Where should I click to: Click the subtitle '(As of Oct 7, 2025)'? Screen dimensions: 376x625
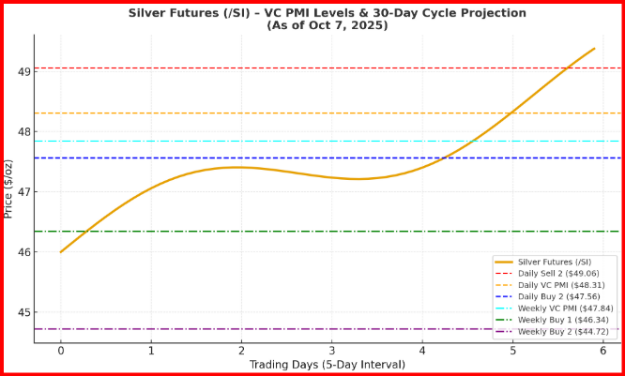[327, 25]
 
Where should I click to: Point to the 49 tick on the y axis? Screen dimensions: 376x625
[23, 71]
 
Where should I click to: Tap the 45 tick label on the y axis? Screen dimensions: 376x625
[23, 312]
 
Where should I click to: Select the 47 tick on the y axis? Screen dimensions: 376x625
[23, 192]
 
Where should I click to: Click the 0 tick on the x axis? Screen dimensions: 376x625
[61, 351]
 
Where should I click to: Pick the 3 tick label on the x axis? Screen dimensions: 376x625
[332, 351]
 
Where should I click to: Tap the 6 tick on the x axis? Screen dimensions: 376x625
[603, 351]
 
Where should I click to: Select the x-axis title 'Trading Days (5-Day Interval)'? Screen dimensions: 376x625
[327, 365]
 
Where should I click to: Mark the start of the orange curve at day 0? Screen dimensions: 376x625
[61, 252]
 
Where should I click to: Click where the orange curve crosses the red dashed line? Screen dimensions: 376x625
[567, 68]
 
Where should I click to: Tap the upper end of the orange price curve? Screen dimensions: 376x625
[594, 49]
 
